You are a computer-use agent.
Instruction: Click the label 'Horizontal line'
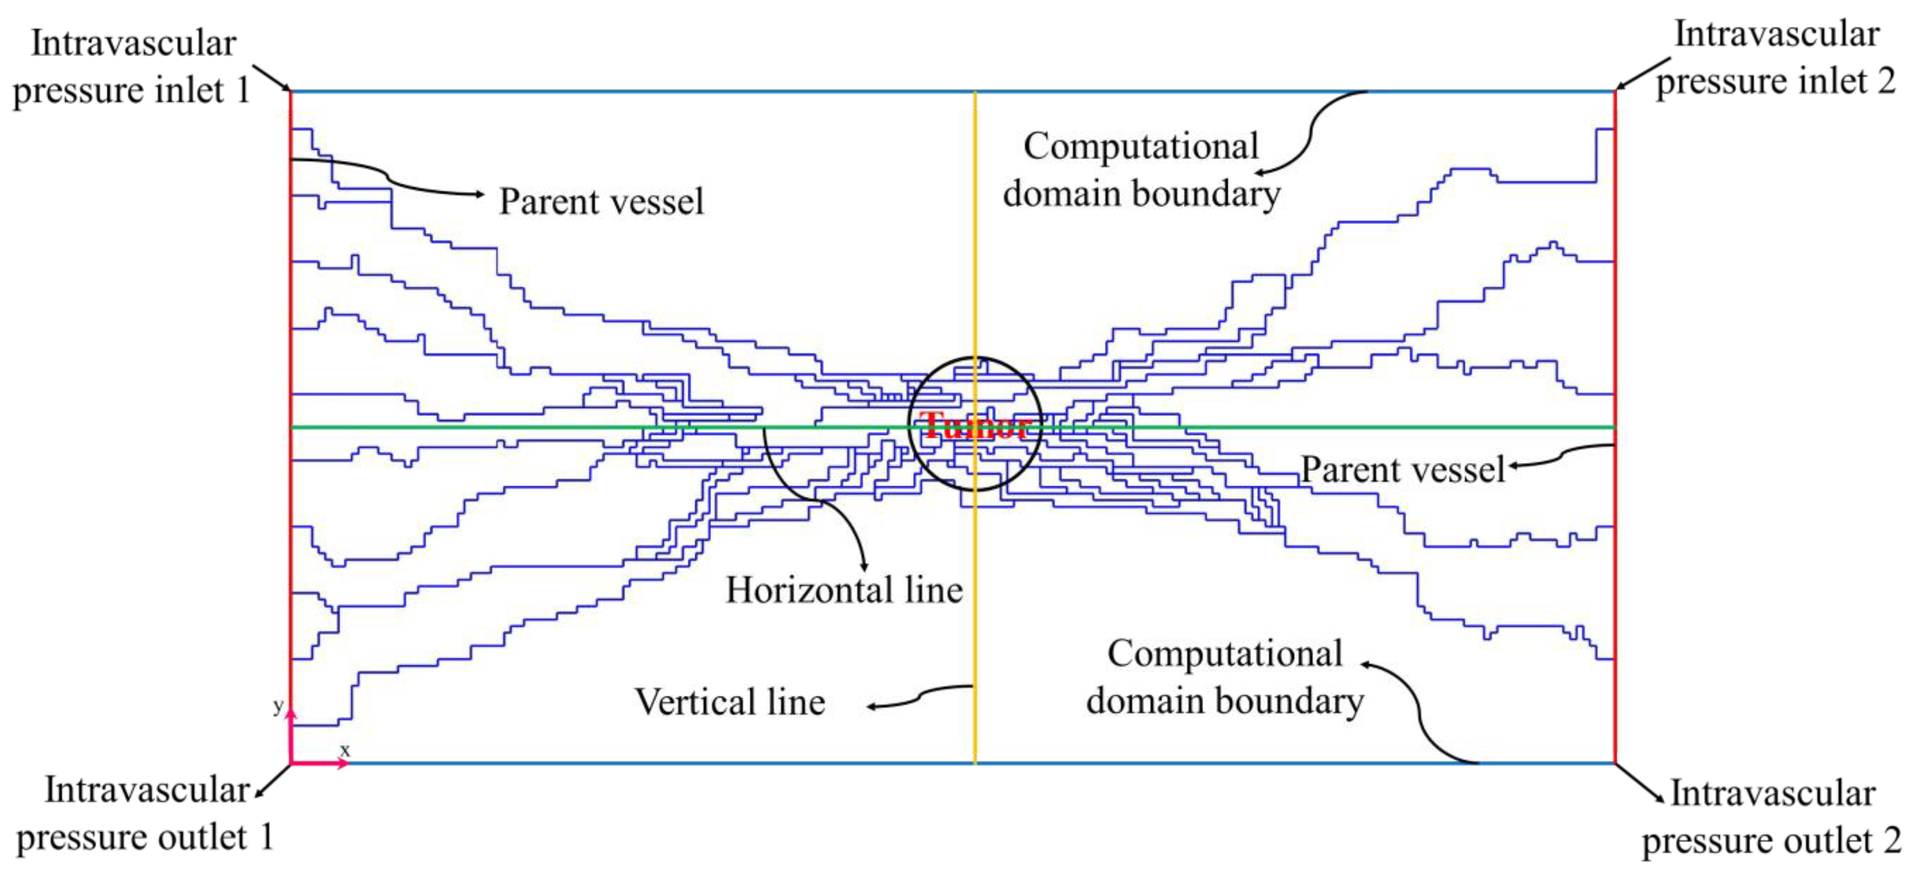coord(844,591)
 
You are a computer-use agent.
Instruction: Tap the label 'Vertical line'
coord(730,702)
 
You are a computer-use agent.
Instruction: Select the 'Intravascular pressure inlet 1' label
coord(132,67)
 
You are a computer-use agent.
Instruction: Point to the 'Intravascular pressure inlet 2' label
coord(1776,58)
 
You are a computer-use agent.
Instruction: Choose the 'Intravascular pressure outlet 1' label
coord(145,814)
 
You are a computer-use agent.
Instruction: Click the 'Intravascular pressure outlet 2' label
coord(1771,817)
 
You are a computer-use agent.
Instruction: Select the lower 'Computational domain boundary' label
coord(1225,677)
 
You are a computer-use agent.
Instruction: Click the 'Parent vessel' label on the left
coord(601,202)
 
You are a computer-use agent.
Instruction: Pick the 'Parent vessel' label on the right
coord(1403,470)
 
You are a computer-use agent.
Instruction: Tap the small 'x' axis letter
coord(344,750)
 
